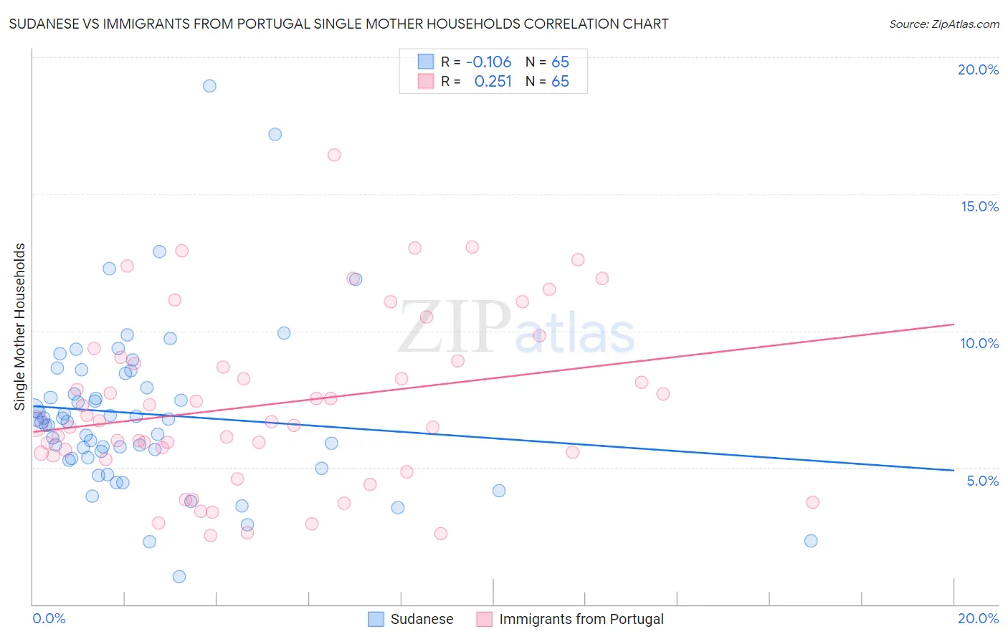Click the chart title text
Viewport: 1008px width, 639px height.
coord(338,24)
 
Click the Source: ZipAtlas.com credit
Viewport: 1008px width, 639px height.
coord(943,24)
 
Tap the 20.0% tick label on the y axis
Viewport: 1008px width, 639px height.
coord(978,69)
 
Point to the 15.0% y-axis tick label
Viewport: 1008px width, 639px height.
coord(979,206)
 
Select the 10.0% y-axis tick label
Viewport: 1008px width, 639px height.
coord(979,343)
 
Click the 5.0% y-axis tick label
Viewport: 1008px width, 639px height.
coord(982,481)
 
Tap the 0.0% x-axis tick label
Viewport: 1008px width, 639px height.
coord(49,618)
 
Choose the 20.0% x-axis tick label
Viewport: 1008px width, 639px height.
coord(978,618)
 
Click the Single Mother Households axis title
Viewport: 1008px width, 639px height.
coord(20,327)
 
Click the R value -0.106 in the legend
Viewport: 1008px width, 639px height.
coord(488,62)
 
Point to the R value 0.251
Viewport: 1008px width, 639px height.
coord(493,82)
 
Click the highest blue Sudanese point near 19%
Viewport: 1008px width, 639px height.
coord(209,86)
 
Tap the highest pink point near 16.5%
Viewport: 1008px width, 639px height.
coord(334,155)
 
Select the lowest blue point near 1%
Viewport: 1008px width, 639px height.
coord(179,577)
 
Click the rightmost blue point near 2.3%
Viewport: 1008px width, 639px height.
coord(811,541)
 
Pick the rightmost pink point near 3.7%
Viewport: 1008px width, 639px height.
coord(812,502)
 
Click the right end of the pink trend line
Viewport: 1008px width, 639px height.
coord(954,325)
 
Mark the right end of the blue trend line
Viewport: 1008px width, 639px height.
coord(954,470)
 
